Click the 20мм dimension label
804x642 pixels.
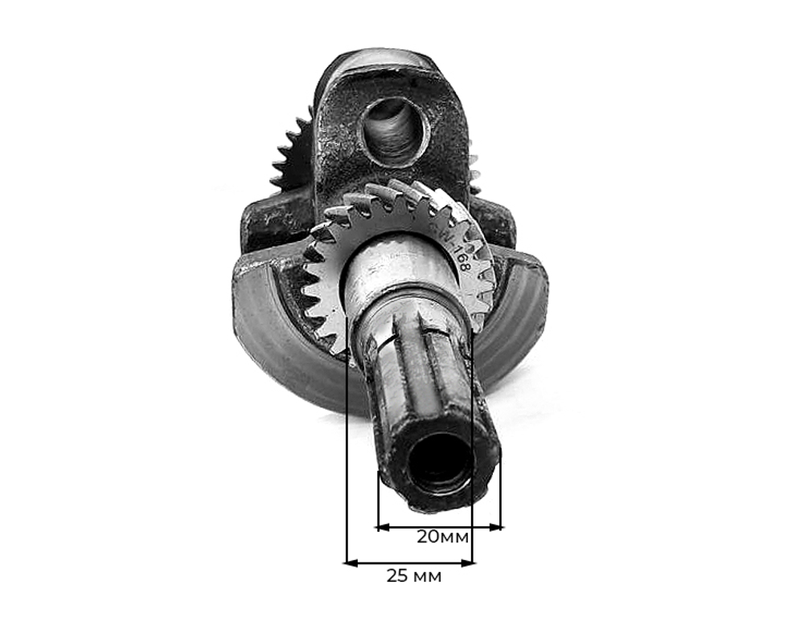point(443,536)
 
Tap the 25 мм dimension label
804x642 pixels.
point(413,576)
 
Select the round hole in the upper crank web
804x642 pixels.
point(393,130)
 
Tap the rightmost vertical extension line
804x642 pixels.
point(500,490)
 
